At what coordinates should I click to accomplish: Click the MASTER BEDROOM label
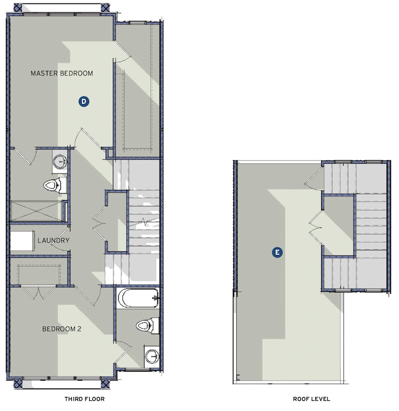62,73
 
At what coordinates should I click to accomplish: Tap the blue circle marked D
84,101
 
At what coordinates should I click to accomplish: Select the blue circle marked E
277,252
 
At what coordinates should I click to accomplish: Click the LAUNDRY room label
53,240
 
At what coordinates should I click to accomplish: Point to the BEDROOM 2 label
62,329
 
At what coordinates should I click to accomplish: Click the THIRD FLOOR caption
84,399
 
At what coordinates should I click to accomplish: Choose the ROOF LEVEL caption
311,399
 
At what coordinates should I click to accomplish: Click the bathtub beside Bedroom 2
138,298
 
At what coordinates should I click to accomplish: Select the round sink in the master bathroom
60,161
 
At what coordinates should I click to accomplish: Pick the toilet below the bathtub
147,326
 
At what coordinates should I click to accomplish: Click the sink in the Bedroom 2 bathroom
152,357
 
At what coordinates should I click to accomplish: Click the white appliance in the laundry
21,240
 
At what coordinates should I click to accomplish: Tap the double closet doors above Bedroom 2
38,293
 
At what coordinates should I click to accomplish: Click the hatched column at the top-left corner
18,7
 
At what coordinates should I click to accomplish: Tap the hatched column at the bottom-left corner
18,384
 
